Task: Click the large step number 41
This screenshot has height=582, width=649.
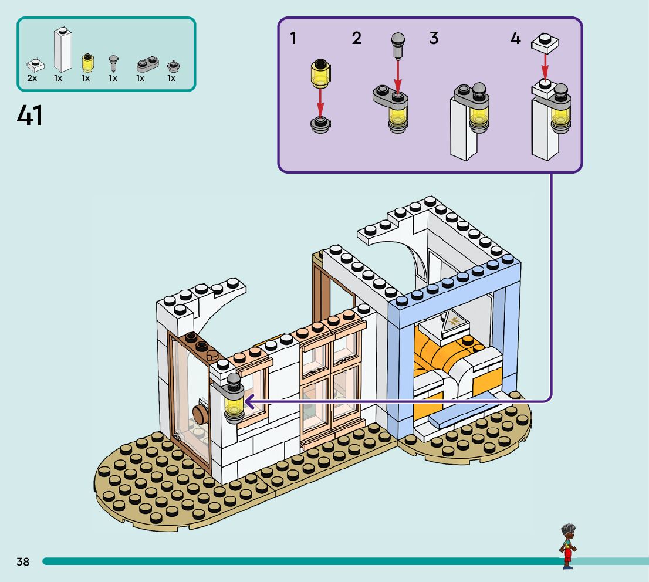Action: click(x=30, y=116)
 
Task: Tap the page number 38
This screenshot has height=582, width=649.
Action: click(x=23, y=561)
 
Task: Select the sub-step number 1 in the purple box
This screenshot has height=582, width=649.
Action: click(x=293, y=39)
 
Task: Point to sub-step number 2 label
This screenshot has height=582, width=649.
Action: click(x=357, y=39)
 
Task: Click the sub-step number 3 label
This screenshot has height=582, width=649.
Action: click(x=434, y=39)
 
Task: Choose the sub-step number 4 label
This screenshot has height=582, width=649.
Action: click(x=515, y=39)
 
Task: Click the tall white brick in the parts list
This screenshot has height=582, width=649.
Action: click(x=62, y=50)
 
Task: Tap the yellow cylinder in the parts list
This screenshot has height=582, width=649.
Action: click(x=87, y=62)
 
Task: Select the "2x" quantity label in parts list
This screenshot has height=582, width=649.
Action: click(x=32, y=78)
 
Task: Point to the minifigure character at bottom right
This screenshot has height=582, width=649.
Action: click(x=567, y=546)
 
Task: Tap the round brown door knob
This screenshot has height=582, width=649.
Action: click(x=200, y=413)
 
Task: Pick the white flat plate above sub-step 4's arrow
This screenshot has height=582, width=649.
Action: click(x=545, y=42)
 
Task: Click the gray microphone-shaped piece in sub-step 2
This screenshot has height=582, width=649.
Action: click(x=397, y=45)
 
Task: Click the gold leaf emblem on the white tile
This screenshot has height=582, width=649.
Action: click(x=454, y=321)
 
